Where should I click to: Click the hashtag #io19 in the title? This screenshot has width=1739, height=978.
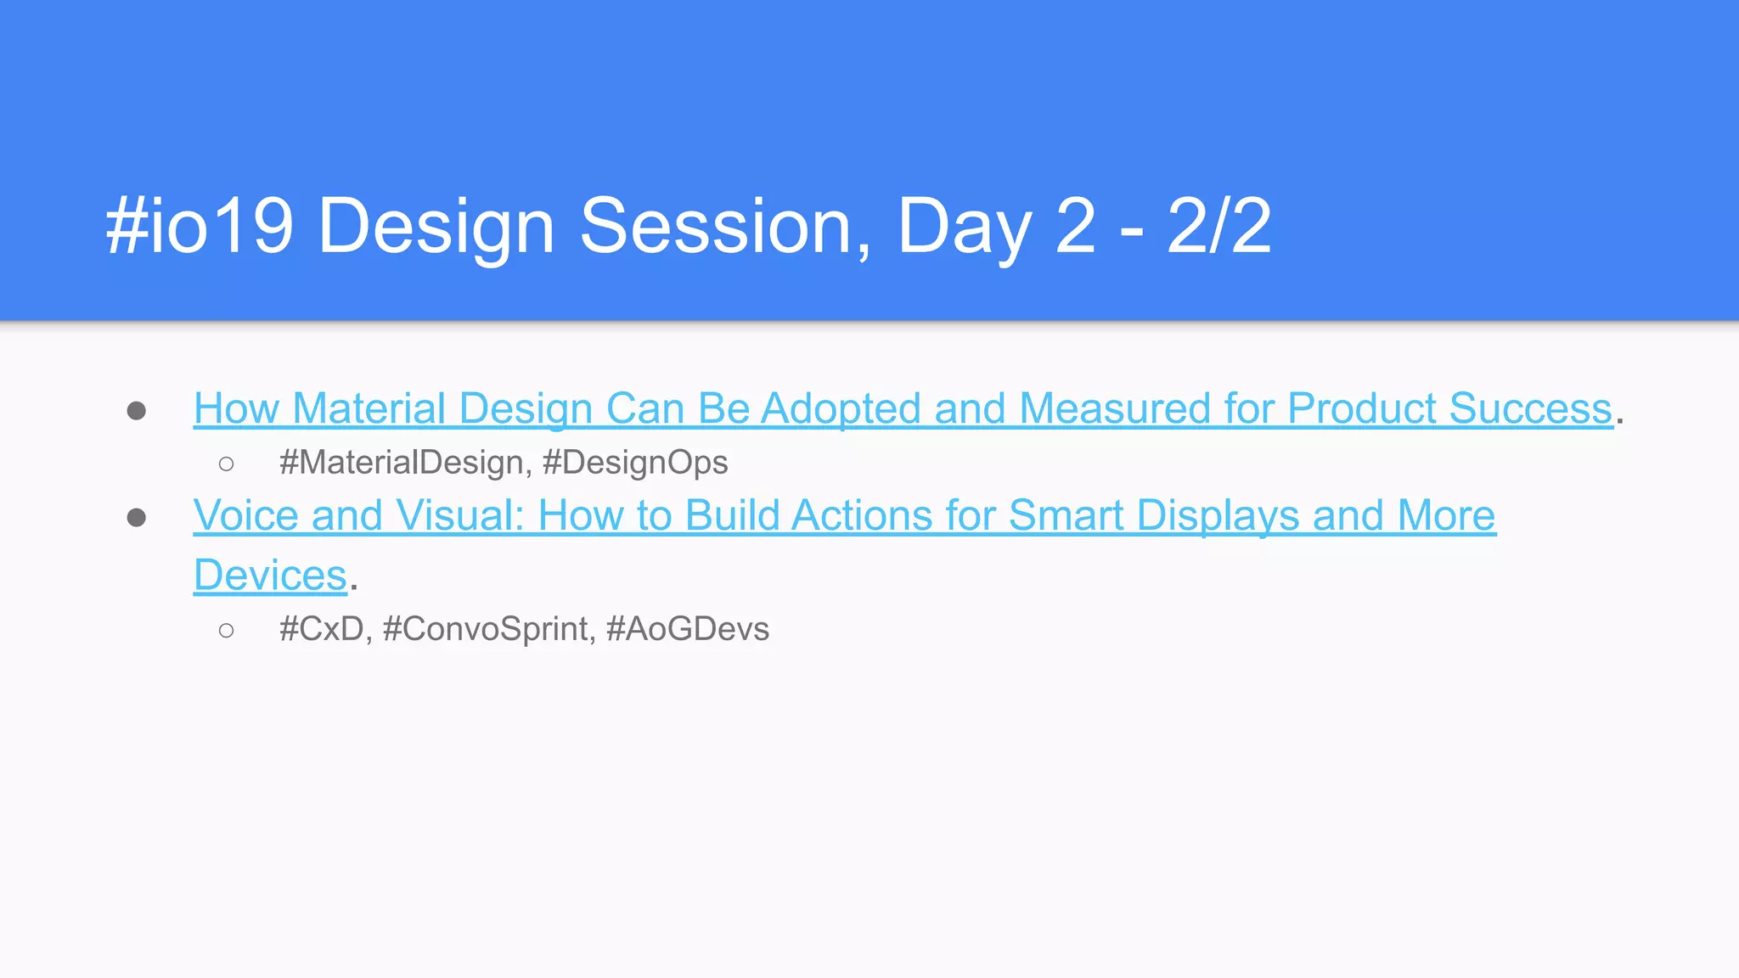tap(200, 226)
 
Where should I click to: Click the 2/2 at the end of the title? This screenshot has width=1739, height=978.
tap(1218, 226)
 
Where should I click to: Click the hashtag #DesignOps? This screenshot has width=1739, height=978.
tap(634, 463)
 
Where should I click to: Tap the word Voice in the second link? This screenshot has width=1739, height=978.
tap(245, 515)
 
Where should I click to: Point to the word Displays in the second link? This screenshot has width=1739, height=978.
tap(1218, 515)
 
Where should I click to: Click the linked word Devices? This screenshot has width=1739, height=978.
tap(270, 576)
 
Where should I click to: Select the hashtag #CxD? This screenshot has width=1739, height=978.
tap(322, 629)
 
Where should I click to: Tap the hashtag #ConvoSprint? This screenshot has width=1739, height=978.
tap(485, 629)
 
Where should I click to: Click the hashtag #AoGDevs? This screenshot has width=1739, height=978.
tap(687, 629)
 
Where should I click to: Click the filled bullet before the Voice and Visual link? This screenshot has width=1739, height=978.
tap(136, 517)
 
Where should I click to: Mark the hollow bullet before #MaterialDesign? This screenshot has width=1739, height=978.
tap(226, 464)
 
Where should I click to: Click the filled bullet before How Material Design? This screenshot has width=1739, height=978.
tap(136, 411)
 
